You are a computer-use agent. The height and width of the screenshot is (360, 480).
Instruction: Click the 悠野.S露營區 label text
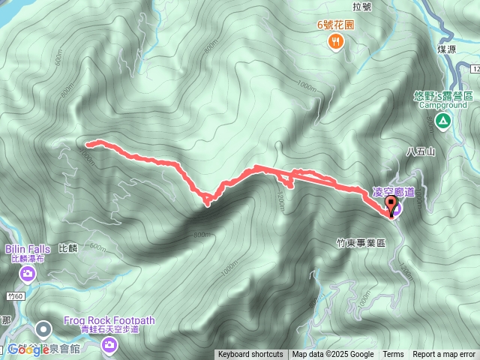442,96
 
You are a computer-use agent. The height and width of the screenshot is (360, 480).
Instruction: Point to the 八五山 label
420,151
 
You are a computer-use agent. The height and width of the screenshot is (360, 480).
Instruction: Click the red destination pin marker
391,204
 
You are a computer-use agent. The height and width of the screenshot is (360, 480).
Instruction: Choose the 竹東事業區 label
360,243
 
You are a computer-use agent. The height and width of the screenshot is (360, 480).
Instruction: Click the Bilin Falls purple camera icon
28,274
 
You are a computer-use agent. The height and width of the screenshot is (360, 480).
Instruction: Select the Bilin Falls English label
28,249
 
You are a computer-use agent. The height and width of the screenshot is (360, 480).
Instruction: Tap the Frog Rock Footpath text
109,320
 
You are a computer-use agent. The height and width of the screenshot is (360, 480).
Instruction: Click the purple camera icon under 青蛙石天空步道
109,344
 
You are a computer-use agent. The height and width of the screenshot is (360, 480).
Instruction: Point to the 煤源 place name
447,49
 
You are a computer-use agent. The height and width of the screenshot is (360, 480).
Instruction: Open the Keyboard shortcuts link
250,355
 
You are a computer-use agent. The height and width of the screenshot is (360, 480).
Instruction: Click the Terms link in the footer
393,355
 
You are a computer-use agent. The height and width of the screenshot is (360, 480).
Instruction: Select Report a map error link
445,355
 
